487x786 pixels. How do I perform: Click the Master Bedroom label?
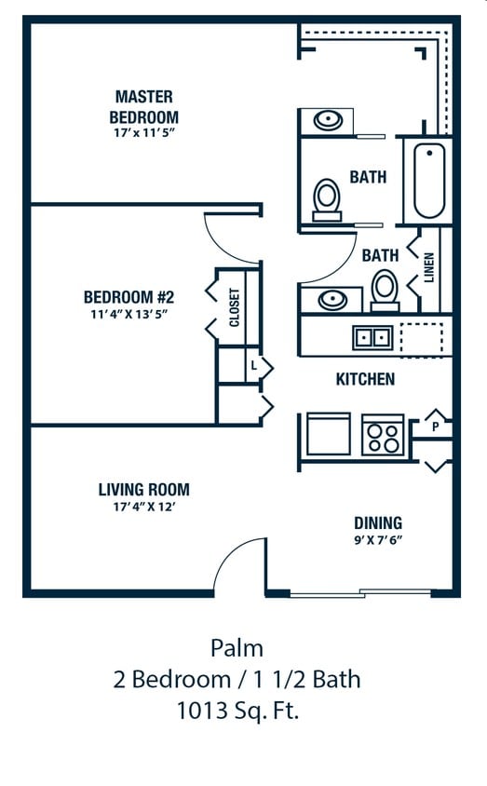click(x=143, y=107)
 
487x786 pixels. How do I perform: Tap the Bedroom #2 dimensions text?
click(x=129, y=315)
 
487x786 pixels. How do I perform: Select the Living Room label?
click(x=143, y=489)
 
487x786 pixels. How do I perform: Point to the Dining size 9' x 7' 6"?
click(x=378, y=540)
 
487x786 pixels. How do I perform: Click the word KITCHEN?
click(x=365, y=379)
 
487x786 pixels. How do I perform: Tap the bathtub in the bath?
click(x=429, y=181)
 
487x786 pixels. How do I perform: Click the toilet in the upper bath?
click(x=327, y=200)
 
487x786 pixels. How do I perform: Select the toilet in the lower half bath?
click(x=385, y=291)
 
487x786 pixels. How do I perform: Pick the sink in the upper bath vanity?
click(x=328, y=120)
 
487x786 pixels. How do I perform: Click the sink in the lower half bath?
click(x=332, y=300)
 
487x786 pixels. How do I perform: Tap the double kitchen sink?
click(x=372, y=337)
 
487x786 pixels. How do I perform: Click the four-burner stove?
click(x=384, y=435)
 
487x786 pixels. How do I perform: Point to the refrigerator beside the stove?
click(x=328, y=434)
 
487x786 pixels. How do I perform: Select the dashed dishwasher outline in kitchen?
click(x=422, y=337)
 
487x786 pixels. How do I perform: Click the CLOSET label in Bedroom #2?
click(x=235, y=307)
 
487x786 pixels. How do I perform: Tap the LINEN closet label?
click(x=429, y=267)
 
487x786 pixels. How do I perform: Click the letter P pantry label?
click(x=436, y=427)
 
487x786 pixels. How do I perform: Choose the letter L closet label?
click(x=254, y=366)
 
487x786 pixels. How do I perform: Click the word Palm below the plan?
click(x=237, y=648)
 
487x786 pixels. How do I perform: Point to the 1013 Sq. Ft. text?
click(x=237, y=711)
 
